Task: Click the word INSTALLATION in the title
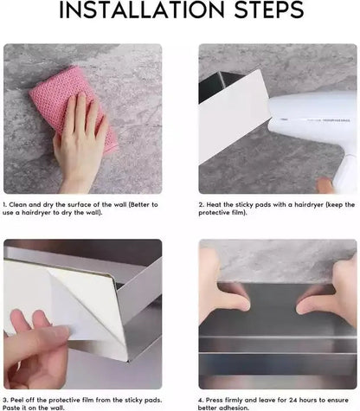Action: pos(141,10)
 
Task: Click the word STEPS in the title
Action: pos(269,10)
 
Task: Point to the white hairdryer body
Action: pos(312,119)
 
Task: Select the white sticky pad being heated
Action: pos(234,115)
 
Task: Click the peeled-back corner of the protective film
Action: pos(87,300)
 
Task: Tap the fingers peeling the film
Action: pos(35,346)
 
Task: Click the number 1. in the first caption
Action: pos(4,205)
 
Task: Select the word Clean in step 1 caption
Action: pos(18,205)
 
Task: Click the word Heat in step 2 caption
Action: pos(214,205)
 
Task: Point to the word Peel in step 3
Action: pos(17,401)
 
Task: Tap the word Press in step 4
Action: pos(215,401)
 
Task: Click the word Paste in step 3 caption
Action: pos(10,408)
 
